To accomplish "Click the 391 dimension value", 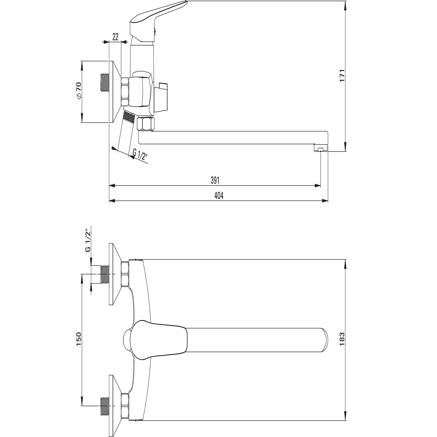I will coord(215,180).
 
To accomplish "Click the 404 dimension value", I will coord(219,196).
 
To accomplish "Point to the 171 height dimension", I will coord(342,76).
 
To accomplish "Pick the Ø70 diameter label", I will coord(79,90).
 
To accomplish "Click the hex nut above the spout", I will coord(146,124).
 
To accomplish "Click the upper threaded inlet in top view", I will coord(105,274).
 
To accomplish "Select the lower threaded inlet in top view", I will coord(105,405).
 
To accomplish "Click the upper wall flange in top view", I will coord(114,274).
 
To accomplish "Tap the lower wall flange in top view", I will coord(114,405).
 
